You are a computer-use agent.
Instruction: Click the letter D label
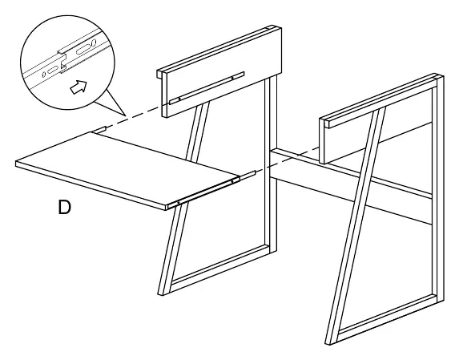(x=64, y=207)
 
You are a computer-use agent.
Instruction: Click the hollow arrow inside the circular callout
(x=79, y=87)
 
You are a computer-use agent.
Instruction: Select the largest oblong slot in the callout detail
(x=83, y=50)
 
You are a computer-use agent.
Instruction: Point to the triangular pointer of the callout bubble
(x=115, y=103)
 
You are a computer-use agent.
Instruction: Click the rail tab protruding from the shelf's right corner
(x=248, y=175)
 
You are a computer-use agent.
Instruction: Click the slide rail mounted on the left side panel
(x=207, y=87)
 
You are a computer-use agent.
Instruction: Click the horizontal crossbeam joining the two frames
(x=352, y=185)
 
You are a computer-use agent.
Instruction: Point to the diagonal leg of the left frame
(x=183, y=198)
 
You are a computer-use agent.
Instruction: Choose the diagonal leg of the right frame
(x=356, y=225)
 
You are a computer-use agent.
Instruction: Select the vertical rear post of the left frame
(x=271, y=164)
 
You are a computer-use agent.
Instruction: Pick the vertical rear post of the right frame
(x=438, y=190)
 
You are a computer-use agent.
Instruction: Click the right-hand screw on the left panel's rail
(x=232, y=78)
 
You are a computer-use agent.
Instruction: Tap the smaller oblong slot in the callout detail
(x=52, y=71)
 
